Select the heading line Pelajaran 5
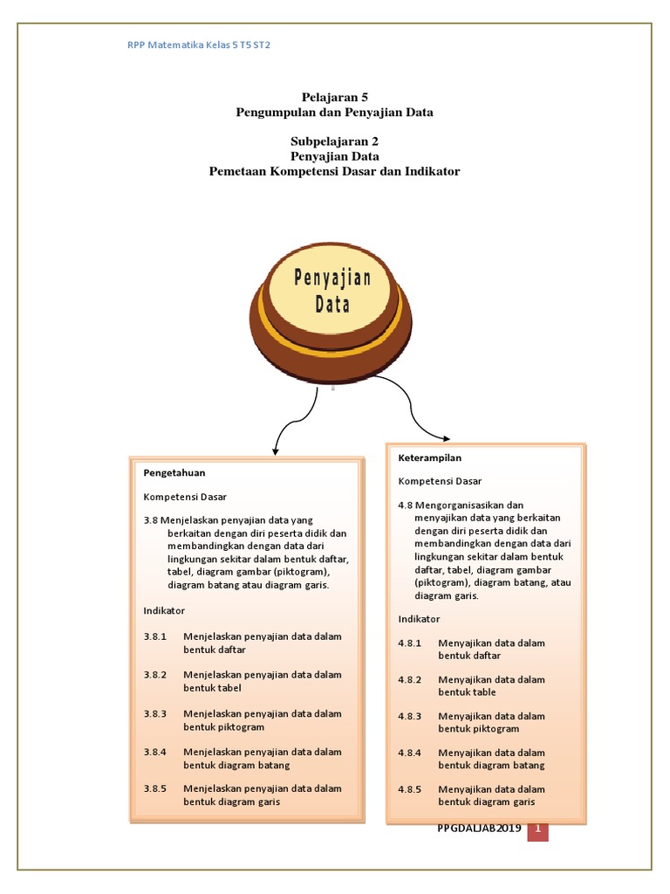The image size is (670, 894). point(335,98)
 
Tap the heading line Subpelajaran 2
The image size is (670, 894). point(335,141)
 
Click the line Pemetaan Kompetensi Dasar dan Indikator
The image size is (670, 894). point(335,171)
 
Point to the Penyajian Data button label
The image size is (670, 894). point(332,292)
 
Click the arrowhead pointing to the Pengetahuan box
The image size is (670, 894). point(276,450)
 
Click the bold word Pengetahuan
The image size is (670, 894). point(174,472)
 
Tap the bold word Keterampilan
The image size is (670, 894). point(430,457)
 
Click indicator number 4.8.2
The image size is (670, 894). point(410,679)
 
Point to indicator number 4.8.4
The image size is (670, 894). point(410,753)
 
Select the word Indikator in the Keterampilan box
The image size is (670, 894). point(420,618)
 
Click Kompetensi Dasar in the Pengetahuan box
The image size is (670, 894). point(185,497)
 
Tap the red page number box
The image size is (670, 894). point(538,829)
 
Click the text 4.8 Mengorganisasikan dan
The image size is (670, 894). point(461,505)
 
